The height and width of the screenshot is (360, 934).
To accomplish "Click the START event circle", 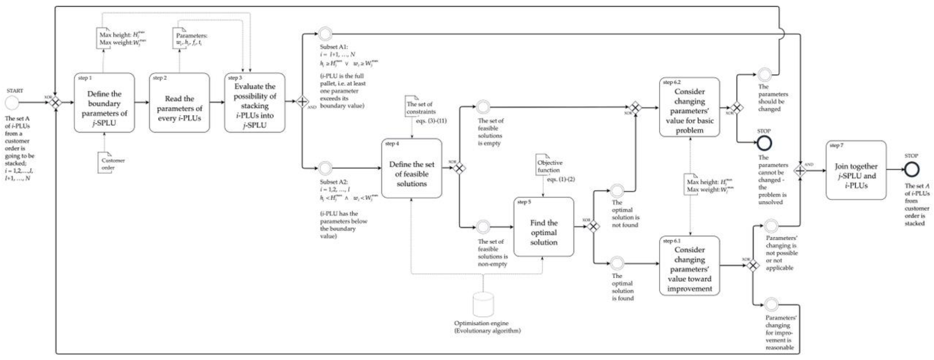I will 12,103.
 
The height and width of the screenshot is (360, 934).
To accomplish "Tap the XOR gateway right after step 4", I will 459,168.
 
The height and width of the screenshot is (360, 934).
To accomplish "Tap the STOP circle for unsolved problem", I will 764,143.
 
